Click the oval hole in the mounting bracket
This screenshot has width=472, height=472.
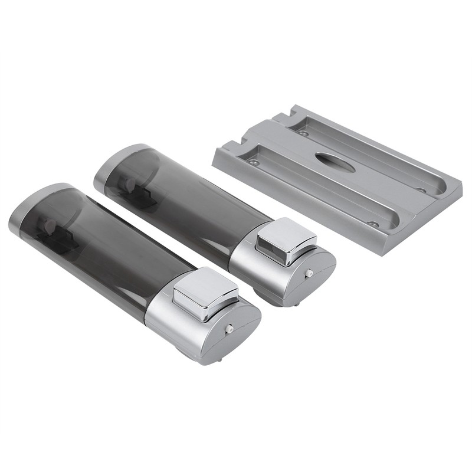tap(335, 162)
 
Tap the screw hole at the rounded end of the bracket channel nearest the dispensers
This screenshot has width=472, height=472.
tap(372, 224)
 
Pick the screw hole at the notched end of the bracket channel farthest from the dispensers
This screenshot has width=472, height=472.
tap(303, 133)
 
